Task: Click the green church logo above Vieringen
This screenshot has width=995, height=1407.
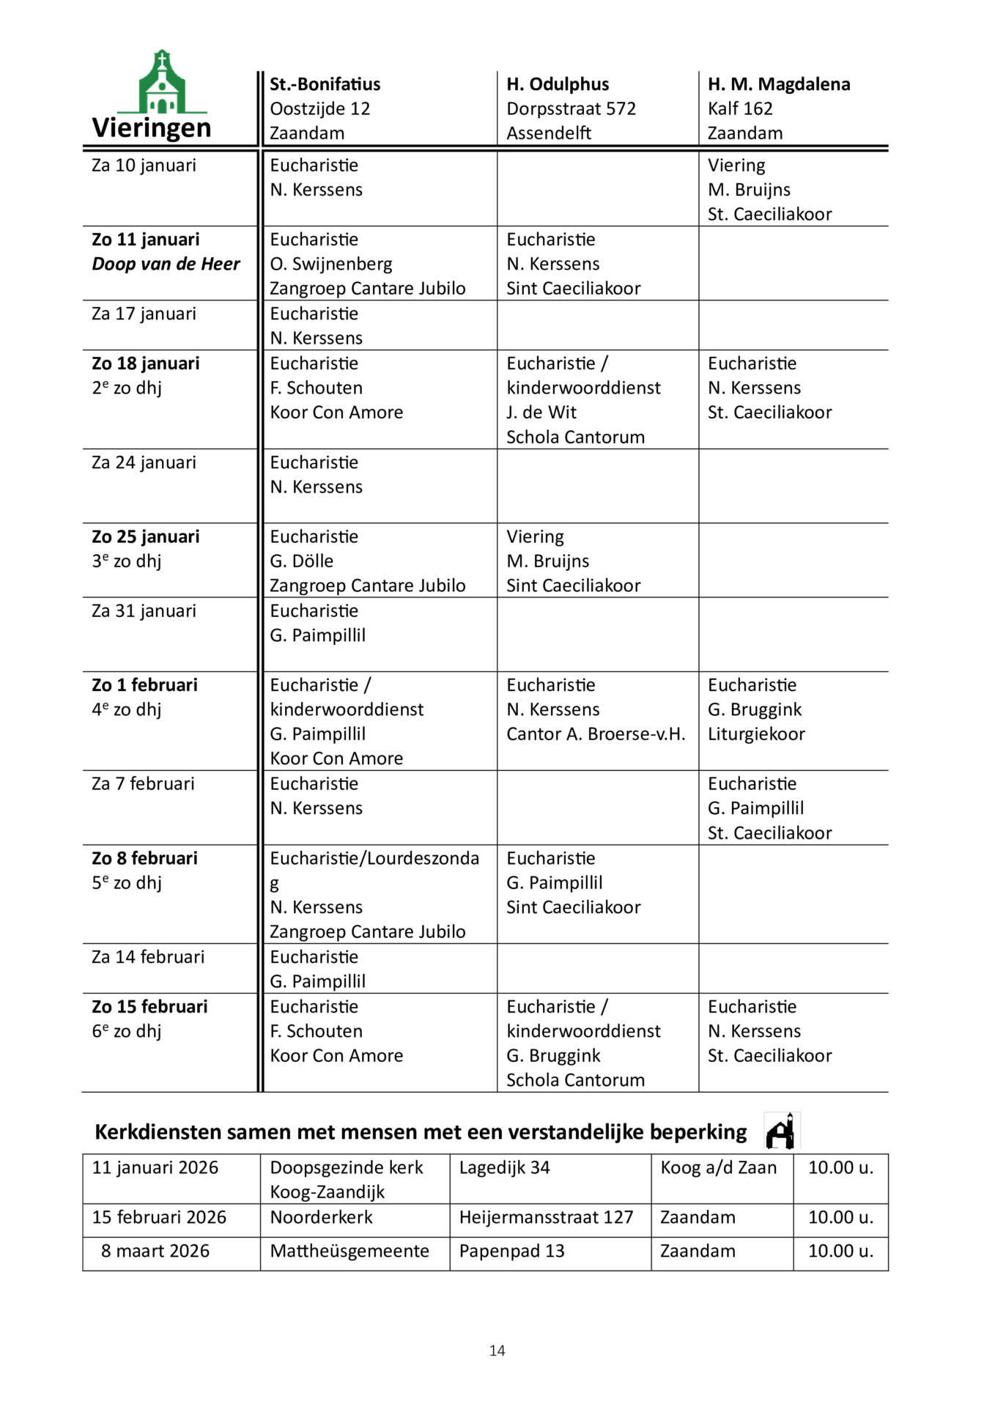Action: tap(162, 82)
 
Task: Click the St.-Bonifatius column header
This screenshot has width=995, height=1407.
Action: tap(325, 84)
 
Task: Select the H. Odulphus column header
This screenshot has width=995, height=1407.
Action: tap(558, 84)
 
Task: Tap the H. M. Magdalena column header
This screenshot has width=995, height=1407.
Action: tap(778, 84)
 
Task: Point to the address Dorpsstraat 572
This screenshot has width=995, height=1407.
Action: tap(571, 108)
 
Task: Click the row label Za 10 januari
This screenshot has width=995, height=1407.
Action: tap(144, 166)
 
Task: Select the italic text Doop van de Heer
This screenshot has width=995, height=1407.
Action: tap(166, 264)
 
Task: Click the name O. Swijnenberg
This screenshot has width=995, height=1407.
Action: tap(330, 264)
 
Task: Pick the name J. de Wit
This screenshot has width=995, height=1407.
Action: tap(541, 413)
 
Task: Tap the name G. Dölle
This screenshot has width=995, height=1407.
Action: tap(301, 561)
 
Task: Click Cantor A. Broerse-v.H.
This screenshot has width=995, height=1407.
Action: tap(596, 734)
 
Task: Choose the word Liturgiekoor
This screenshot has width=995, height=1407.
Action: tap(756, 734)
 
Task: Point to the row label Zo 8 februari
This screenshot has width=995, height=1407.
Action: tap(144, 858)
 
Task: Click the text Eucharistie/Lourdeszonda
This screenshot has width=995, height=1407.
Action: tap(374, 858)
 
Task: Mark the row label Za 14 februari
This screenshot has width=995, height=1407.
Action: tap(148, 957)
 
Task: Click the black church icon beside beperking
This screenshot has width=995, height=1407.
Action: tap(781, 1131)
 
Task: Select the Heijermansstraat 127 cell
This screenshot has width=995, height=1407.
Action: tap(546, 1217)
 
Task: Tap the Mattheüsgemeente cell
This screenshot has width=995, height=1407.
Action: tap(349, 1251)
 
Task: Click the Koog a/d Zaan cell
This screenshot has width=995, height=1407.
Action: tap(718, 1167)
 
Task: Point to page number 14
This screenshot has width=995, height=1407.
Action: tap(497, 1351)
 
